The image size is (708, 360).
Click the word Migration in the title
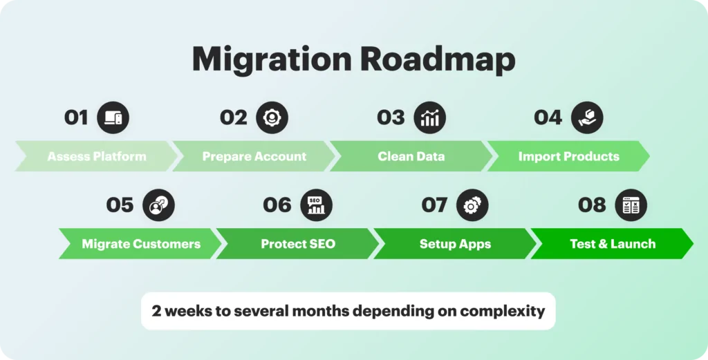click(271, 59)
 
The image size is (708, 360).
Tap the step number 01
click(76, 117)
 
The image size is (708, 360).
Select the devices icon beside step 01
click(113, 117)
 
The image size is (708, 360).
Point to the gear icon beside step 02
click(272, 117)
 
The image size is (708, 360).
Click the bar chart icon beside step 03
click(429, 117)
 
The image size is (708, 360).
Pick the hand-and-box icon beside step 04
click(587, 117)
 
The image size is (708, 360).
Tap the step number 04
click(548, 117)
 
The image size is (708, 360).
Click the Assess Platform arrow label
click(97, 157)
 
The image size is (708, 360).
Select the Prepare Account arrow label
click(254, 157)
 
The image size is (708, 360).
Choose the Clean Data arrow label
click(411, 157)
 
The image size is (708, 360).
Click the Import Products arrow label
click(568, 157)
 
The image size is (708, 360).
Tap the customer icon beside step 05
click(158, 205)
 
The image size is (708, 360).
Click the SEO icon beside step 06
click(316, 205)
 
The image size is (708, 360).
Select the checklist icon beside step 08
click(631, 205)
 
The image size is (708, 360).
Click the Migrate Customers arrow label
click(141, 244)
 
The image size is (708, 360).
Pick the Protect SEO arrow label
click(298, 244)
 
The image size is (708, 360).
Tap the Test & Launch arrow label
click(613, 244)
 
